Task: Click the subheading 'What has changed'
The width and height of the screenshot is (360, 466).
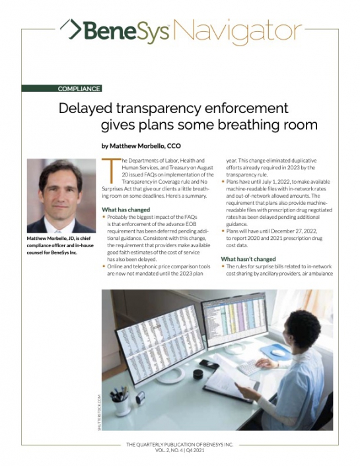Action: (126, 210)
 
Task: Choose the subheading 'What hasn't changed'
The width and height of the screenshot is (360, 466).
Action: (248, 259)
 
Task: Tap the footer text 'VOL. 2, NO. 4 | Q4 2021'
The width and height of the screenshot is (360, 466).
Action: (179, 449)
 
